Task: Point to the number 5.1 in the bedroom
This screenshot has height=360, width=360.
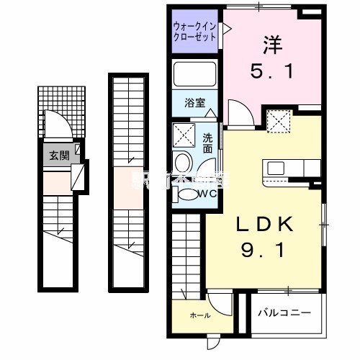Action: [271, 71]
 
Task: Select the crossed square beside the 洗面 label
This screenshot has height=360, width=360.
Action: [184, 135]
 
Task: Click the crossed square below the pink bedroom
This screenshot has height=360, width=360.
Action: [276, 120]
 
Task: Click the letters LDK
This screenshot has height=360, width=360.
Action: [266, 225]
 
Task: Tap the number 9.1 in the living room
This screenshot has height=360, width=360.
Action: [266, 253]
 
